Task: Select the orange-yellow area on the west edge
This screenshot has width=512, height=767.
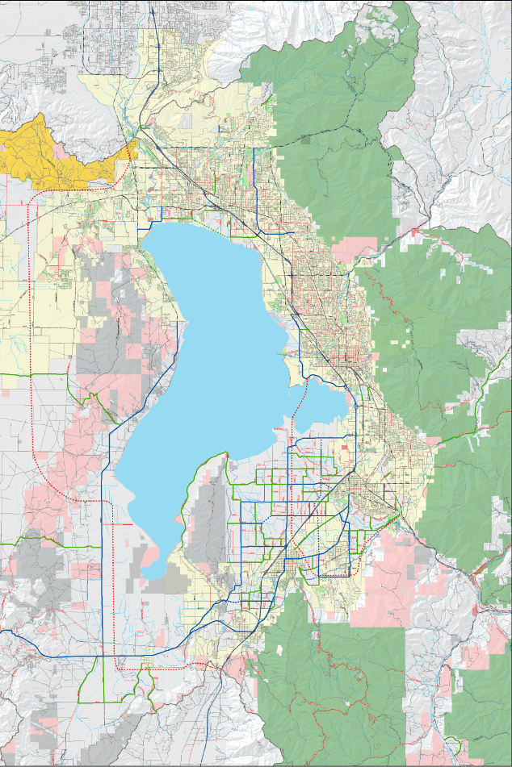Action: click(x=48, y=153)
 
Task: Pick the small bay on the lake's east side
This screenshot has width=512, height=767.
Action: click(x=323, y=403)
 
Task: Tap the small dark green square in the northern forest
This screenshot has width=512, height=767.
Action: click(x=305, y=139)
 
